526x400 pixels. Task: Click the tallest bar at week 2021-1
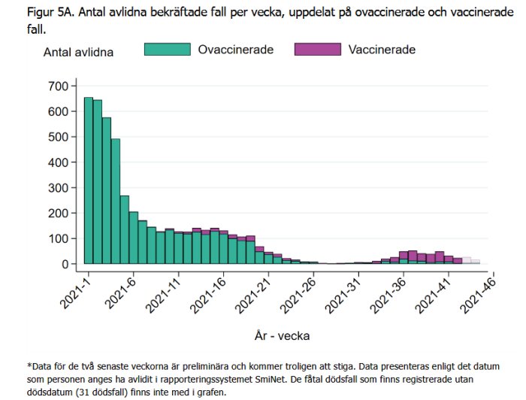pyautogui.click(x=89, y=180)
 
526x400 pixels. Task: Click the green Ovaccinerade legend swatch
pyautogui.click(x=166, y=50)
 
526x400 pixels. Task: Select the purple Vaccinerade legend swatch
pyautogui.click(x=317, y=50)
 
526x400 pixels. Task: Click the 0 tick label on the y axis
pyautogui.click(x=66, y=264)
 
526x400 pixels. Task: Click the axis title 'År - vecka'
pyautogui.click(x=281, y=336)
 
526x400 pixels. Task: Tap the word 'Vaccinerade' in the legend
pyautogui.click(x=382, y=50)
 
